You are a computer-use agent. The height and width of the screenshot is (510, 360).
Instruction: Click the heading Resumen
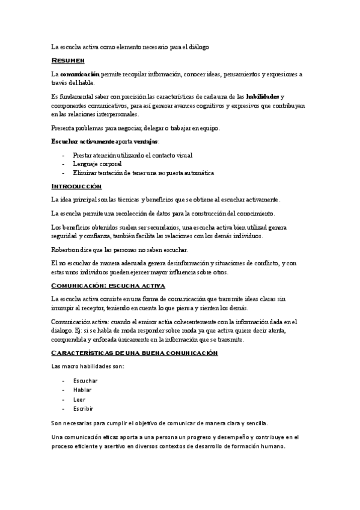tap(67, 61)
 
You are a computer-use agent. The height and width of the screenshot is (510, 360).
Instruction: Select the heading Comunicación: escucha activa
tap(108, 285)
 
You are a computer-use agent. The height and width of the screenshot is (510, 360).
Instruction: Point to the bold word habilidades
tap(263, 96)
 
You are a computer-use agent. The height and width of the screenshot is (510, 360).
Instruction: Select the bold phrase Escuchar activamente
tap(81, 141)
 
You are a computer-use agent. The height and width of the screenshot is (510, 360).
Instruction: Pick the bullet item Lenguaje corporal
tap(97, 164)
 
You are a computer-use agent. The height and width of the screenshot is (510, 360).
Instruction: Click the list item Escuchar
tap(85, 381)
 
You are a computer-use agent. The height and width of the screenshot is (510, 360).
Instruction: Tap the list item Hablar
tap(82, 390)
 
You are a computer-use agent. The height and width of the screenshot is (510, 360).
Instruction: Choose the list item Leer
tap(79, 399)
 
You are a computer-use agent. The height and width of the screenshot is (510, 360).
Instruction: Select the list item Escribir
tap(84, 408)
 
